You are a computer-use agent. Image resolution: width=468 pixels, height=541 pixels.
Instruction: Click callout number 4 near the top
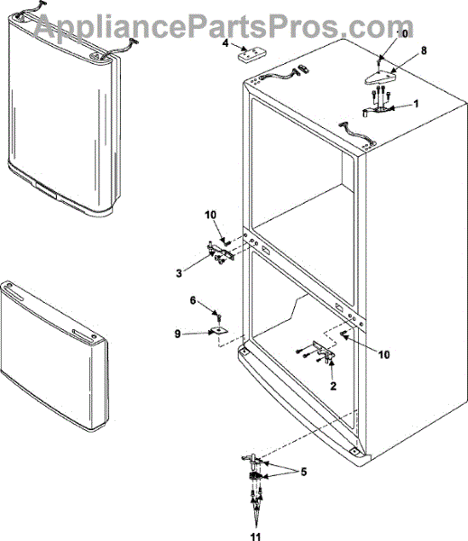pos(225,44)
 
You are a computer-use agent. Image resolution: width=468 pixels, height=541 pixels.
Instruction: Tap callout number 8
pos(424,50)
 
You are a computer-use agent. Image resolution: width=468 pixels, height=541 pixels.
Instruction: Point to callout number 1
pos(416,104)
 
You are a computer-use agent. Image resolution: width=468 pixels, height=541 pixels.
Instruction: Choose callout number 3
pos(179,273)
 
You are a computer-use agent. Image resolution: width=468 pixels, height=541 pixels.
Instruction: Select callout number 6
pos(193,300)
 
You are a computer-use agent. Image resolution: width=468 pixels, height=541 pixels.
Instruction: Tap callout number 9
pos(178,334)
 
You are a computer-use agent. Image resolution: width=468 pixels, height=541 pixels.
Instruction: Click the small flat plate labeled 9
pos(219,331)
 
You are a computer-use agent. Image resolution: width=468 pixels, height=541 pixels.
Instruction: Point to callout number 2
pos(333,386)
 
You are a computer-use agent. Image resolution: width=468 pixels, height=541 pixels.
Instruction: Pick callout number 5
pos(303,472)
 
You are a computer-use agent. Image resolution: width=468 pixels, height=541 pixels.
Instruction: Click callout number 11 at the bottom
pos(256,536)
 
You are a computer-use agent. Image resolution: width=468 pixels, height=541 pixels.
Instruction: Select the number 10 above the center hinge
pos(210,215)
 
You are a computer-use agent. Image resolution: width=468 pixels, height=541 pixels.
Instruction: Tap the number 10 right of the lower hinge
pos(384,354)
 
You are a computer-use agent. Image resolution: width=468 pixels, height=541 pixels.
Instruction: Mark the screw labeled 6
pos(219,316)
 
